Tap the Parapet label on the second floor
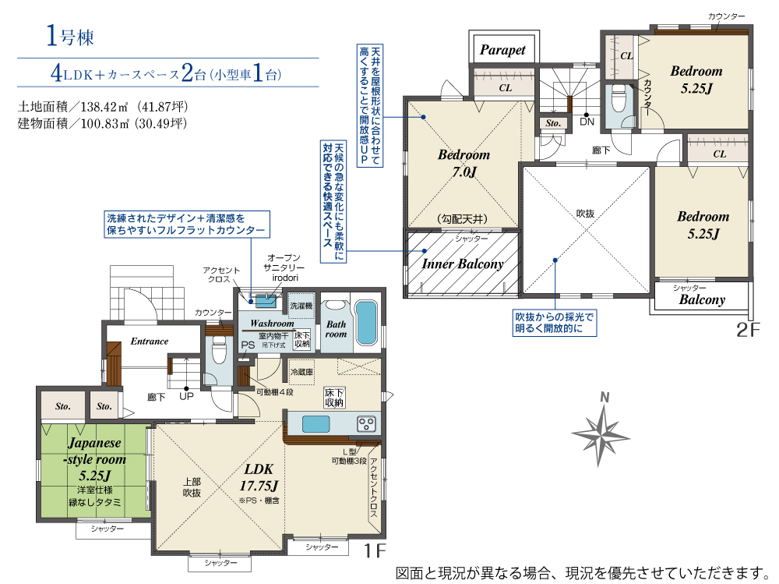pyautogui.click(x=502, y=50)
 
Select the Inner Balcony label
pyautogui.click(x=463, y=264)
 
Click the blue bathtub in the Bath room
pyautogui.click(x=366, y=323)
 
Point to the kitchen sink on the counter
pyautogui.click(x=316, y=424)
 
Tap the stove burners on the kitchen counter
pyautogui.click(x=367, y=424)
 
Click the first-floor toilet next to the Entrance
pyautogui.click(x=219, y=350)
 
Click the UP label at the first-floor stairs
pyautogui.click(x=186, y=397)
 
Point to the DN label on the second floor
pyautogui.click(x=587, y=122)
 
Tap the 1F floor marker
pyautogui.click(x=375, y=550)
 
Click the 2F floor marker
pyautogui.click(x=748, y=329)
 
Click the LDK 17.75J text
pyautogui.click(x=259, y=477)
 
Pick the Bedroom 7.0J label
pyautogui.click(x=464, y=163)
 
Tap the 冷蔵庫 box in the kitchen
pyautogui.click(x=301, y=372)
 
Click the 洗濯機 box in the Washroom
pyautogui.click(x=301, y=305)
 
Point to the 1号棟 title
pyautogui.click(x=70, y=37)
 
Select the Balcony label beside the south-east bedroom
pyautogui.click(x=702, y=299)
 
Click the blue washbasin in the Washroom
pyautogui.click(x=266, y=301)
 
